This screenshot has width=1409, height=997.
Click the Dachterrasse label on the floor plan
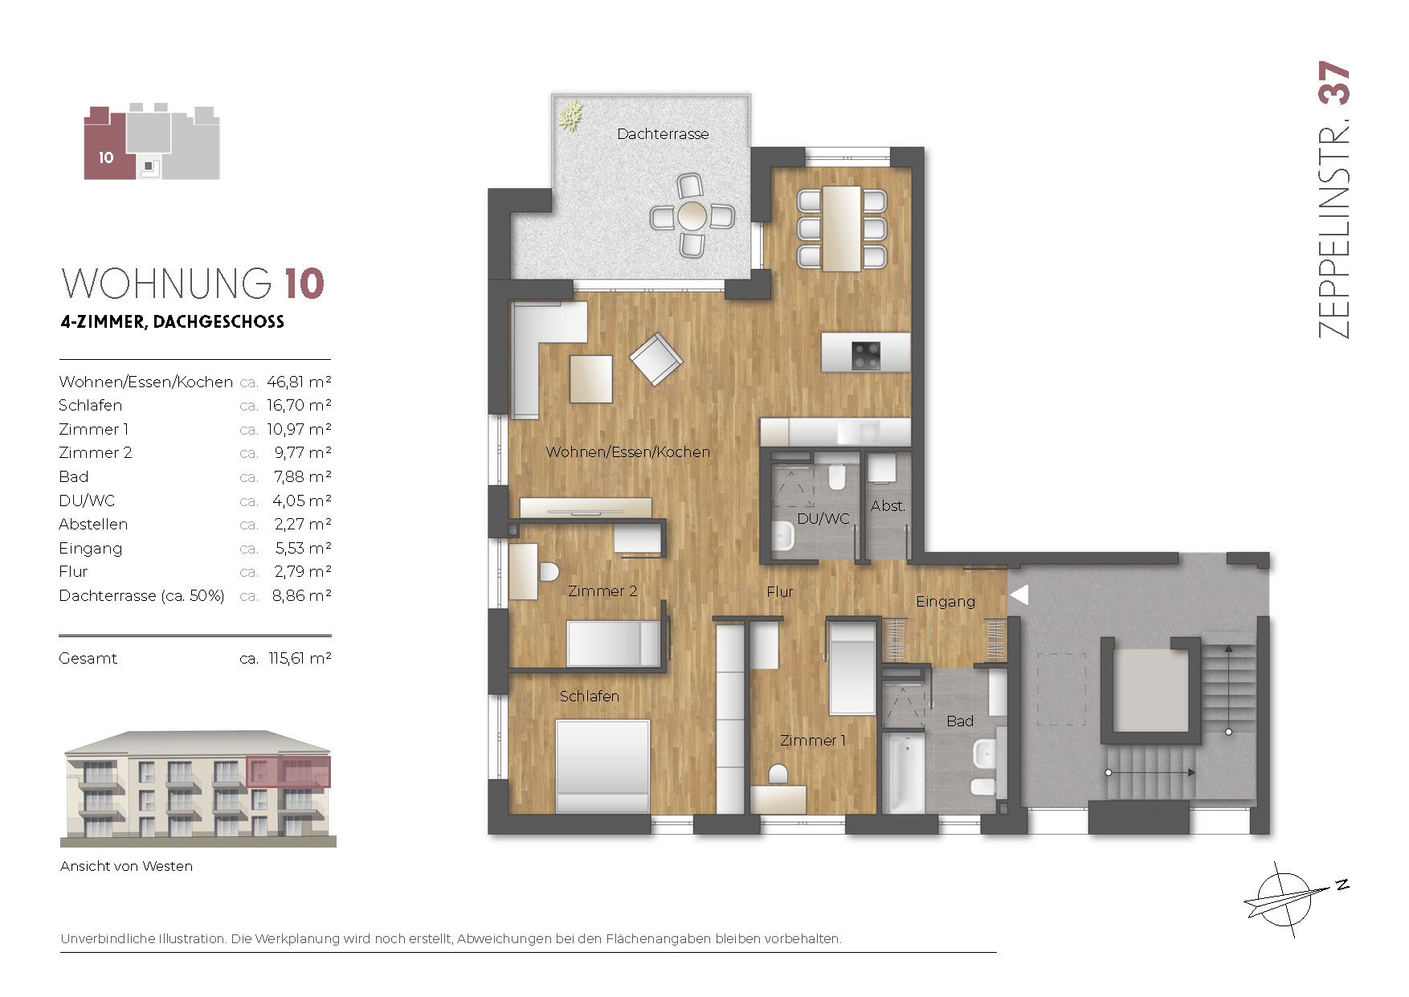click(x=663, y=134)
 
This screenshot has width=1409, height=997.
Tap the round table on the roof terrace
click(x=692, y=215)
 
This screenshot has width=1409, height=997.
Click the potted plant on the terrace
click(x=570, y=116)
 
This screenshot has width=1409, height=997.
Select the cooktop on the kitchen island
click(x=866, y=354)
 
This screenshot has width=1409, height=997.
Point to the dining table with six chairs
click(x=842, y=228)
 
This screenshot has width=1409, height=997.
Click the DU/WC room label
click(x=823, y=519)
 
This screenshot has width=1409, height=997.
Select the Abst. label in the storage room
click(x=888, y=506)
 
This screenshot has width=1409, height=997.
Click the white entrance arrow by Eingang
click(x=1019, y=595)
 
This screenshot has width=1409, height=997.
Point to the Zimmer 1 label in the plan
click(x=812, y=741)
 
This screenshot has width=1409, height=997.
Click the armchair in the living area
click(x=656, y=359)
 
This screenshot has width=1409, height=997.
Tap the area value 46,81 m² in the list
click(x=299, y=382)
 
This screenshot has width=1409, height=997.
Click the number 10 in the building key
click(x=106, y=158)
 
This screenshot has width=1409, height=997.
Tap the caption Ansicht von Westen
click(x=126, y=866)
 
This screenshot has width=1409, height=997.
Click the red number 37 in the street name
click(x=1334, y=83)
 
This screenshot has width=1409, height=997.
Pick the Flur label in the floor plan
click(x=779, y=592)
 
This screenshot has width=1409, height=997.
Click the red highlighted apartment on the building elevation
click(x=288, y=771)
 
